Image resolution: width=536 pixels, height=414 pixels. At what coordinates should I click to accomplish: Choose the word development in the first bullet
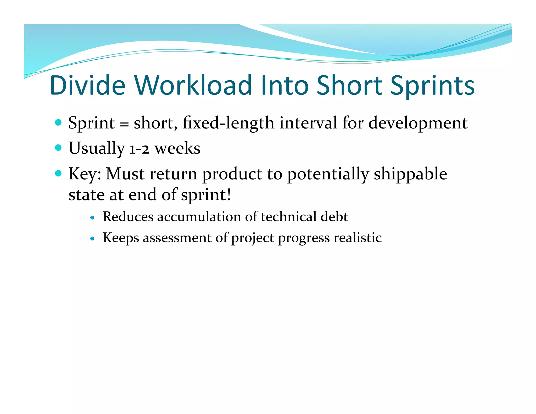pyautogui.click(x=418, y=123)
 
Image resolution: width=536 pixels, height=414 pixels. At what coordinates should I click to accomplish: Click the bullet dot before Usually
pyautogui.click(x=58, y=148)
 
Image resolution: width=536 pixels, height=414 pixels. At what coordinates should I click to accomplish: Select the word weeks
pyautogui.click(x=177, y=148)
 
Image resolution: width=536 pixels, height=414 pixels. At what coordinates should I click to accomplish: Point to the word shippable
pyautogui.click(x=410, y=174)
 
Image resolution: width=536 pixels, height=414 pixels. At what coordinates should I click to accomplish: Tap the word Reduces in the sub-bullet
pyautogui.click(x=128, y=217)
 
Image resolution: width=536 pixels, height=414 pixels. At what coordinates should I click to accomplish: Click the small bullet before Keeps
pyautogui.click(x=92, y=239)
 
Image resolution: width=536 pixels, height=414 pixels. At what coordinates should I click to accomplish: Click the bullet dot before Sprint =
pyautogui.click(x=58, y=122)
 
